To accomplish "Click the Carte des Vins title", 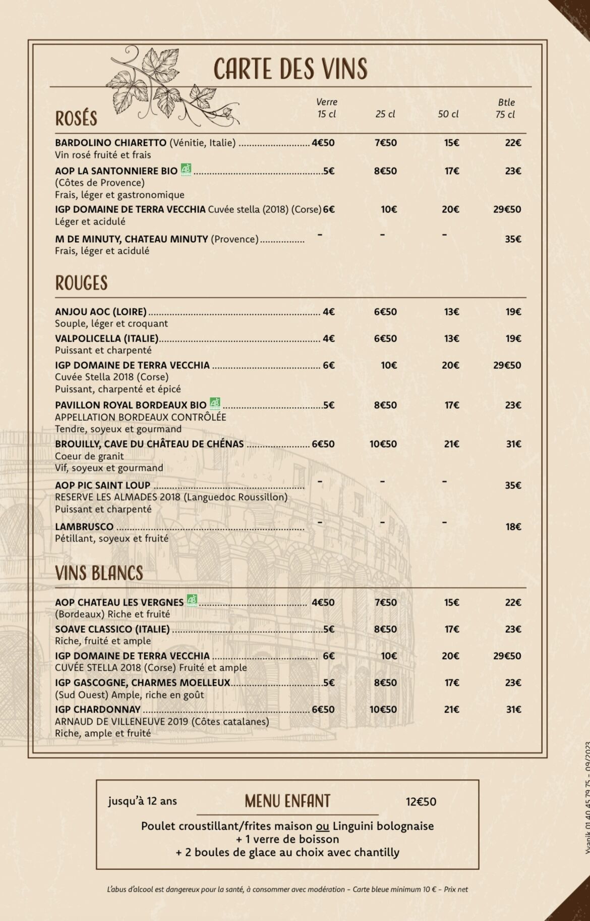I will point(290,69).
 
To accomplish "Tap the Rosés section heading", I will point(76,119).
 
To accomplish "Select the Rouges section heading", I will point(81,283).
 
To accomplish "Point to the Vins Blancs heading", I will point(99,573).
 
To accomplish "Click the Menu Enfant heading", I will point(287,801).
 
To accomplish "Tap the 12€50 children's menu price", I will point(421,802).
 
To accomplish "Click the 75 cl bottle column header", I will point(505,109).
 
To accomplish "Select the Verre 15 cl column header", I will point(327,109).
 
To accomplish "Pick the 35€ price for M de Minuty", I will point(513,239).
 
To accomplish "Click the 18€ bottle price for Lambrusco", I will point(513,527).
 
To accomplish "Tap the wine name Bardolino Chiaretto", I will point(110,143).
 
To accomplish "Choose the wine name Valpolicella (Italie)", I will point(106,339).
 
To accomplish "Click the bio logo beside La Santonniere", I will point(186,170).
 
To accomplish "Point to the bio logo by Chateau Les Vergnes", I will point(192,601).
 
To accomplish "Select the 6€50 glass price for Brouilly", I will point(323,444).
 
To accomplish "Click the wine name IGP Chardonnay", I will point(97,710).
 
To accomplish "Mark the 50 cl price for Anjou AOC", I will point(451,312).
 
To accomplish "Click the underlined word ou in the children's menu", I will point(322,826).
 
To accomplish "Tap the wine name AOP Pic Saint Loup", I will point(102,485).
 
